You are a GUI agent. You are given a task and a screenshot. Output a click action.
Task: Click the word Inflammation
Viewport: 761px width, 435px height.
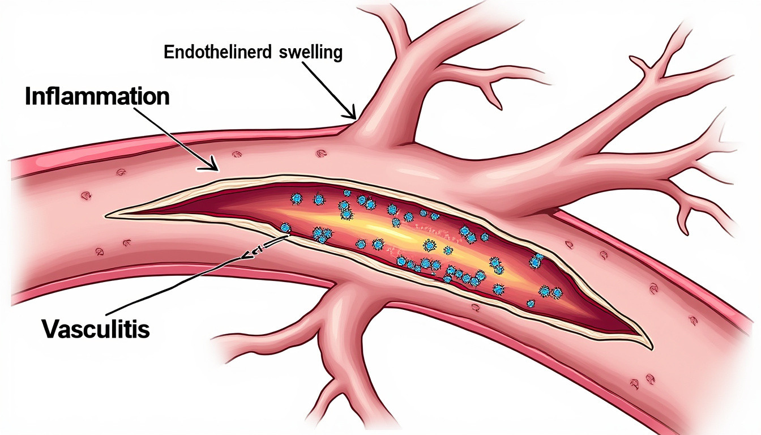(x=97, y=96)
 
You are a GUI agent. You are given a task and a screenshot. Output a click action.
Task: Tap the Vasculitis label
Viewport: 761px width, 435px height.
(x=96, y=329)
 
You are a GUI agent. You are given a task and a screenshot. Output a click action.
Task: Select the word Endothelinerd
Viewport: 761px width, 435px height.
(x=218, y=52)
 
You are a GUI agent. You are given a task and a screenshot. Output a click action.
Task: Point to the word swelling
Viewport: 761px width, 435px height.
(x=310, y=53)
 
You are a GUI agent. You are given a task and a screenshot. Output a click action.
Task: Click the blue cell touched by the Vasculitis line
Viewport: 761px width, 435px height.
(x=285, y=228)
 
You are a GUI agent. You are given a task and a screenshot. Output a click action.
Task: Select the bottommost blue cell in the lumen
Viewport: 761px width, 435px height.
(x=531, y=304)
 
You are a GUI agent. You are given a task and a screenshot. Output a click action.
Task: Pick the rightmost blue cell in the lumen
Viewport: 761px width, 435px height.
(x=557, y=293)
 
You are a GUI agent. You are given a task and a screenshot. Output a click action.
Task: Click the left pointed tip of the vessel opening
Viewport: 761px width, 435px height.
(x=106, y=216)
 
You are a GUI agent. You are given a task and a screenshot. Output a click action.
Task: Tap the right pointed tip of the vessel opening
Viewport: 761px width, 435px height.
(x=651, y=348)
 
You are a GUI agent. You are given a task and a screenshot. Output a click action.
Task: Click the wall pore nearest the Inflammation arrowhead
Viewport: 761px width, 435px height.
(x=237, y=154)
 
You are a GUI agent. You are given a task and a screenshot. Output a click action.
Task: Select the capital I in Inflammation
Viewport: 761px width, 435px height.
(x=28, y=96)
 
